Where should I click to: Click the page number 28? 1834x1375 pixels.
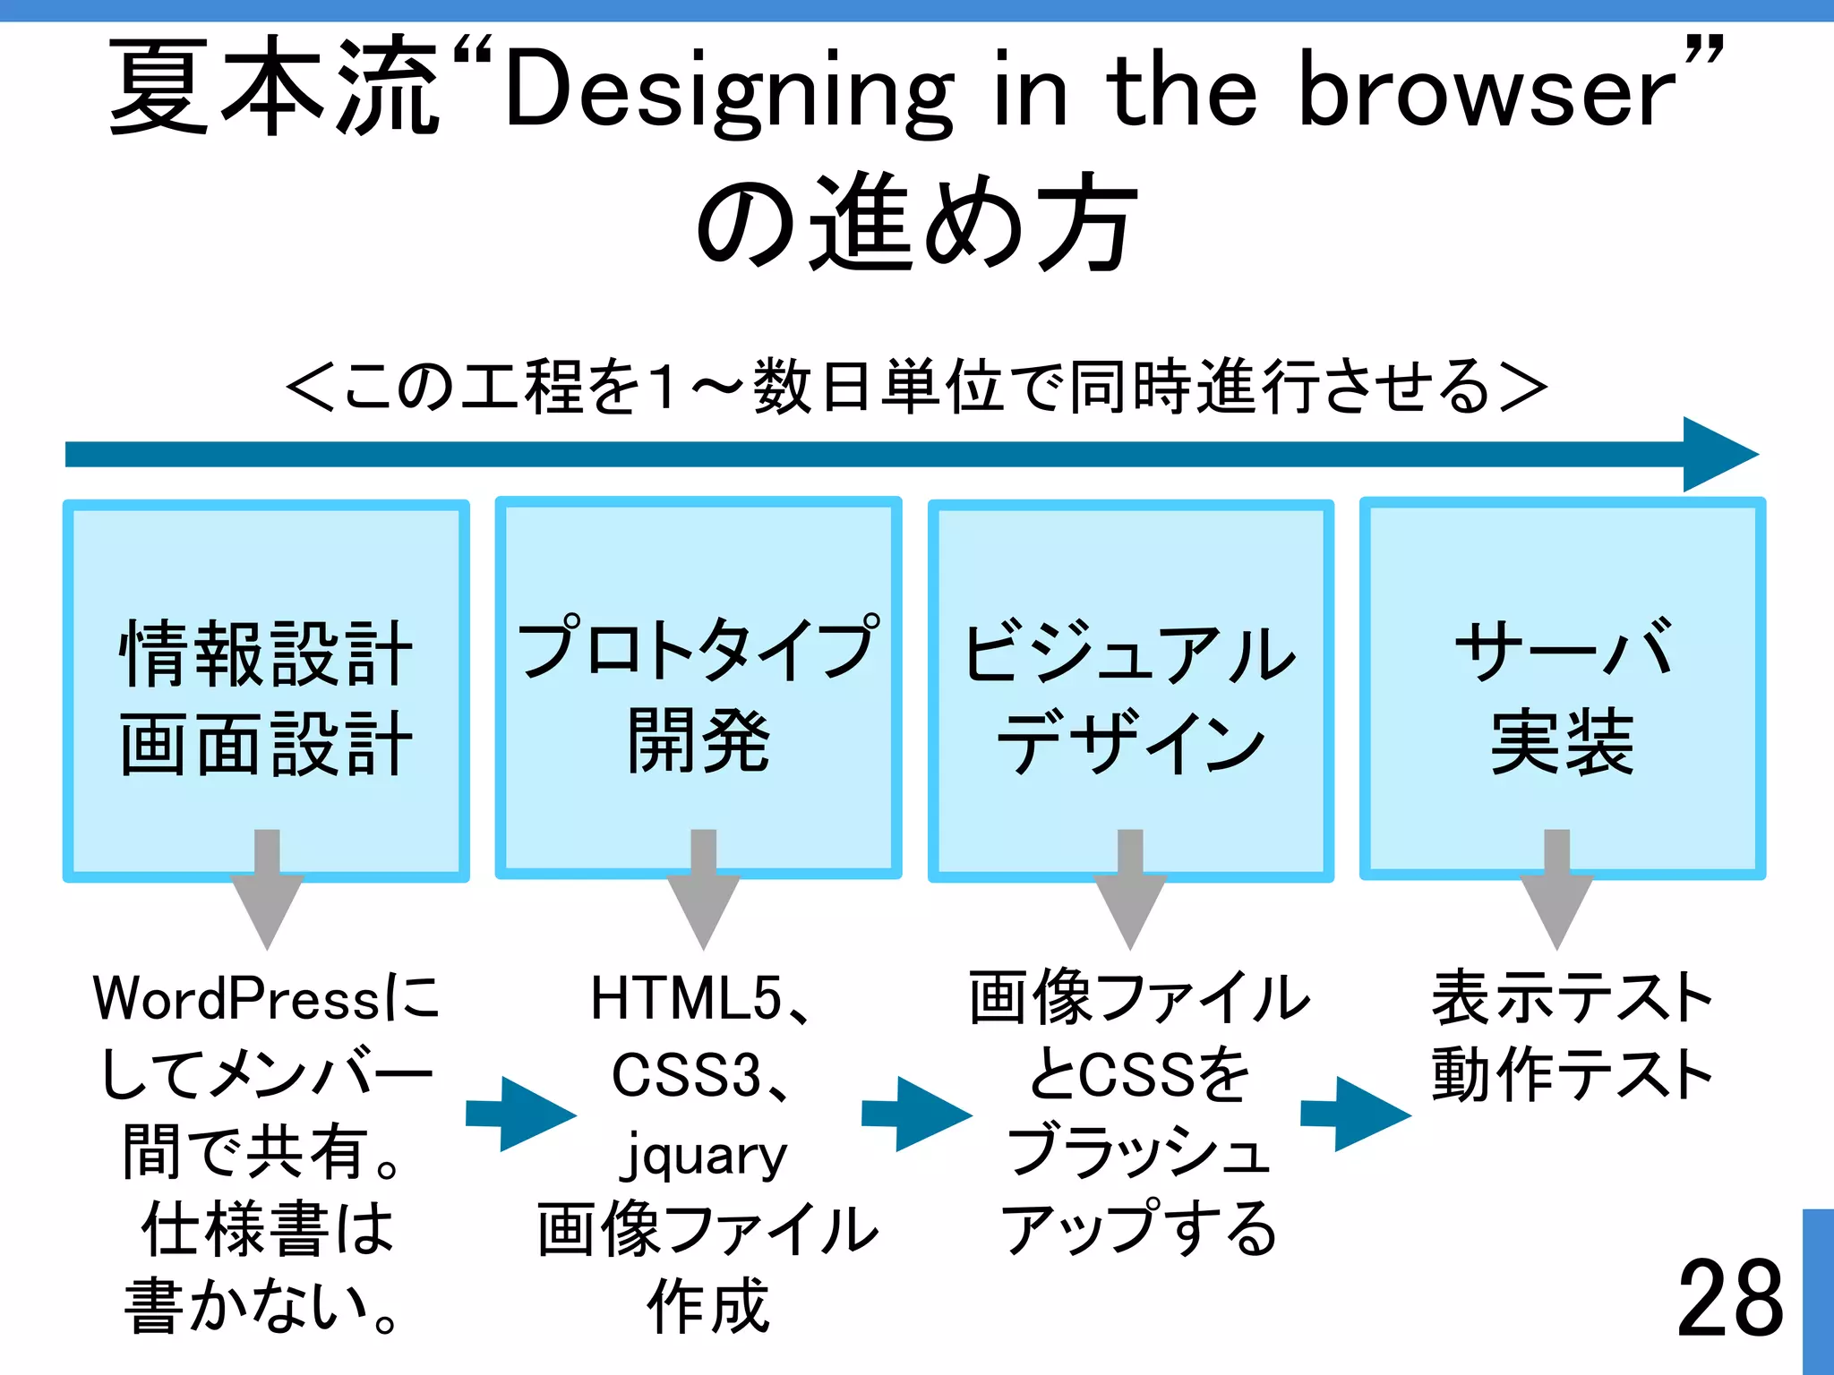[x=1729, y=1298]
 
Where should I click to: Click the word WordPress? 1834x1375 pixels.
[x=237, y=999]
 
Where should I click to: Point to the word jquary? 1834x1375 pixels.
[x=704, y=1155]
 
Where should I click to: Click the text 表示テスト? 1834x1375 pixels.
[x=1572, y=998]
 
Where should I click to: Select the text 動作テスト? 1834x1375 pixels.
[x=1572, y=1074]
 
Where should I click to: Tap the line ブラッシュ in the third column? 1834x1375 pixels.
[x=1137, y=1152]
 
